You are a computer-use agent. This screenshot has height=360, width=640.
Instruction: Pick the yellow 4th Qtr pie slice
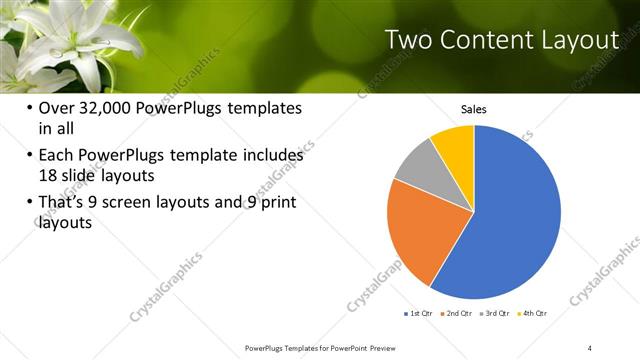point(456,143)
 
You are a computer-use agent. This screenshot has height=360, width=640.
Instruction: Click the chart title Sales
point(473,109)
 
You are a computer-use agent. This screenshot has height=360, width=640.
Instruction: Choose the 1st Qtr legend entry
point(418,313)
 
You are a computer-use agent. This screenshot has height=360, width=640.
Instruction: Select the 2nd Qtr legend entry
point(458,313)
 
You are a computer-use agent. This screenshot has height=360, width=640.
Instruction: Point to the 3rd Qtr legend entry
point(497,313)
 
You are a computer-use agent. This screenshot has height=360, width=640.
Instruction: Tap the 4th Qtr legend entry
point(535,313)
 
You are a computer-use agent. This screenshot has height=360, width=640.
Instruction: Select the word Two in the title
point(410,40)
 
